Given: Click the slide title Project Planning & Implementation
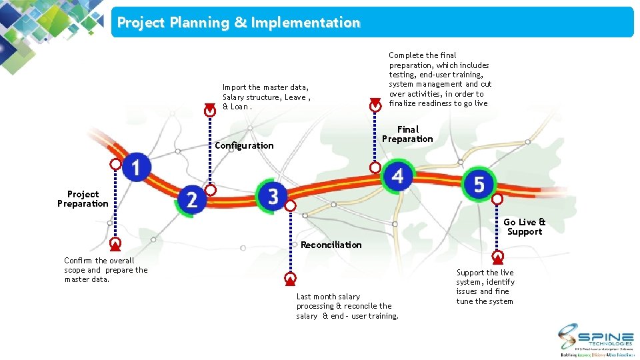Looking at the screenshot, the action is (x=239, y=23).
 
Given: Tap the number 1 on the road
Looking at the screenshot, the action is (x=137, y=167).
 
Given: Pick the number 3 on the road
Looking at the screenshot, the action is (x=273, y=196).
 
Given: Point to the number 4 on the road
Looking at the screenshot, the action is (x=398, y=176).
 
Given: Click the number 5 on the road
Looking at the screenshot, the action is (x=479, y=184).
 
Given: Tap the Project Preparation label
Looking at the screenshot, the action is (x=83, y=199).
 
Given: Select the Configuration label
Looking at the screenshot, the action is (x=244, y=145).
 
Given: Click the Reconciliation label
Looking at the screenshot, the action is (x=331, y=245).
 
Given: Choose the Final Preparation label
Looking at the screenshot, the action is (x=407, y=134).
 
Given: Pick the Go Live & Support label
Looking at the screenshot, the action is (x=524, y=227).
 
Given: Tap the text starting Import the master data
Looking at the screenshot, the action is (x=266, y=97).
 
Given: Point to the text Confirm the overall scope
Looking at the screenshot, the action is (x=105, y=269).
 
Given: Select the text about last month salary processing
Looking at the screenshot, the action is (x=347, y=306).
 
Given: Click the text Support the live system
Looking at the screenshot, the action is (x=485, y=287).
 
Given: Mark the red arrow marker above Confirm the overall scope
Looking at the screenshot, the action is (x=115, y=243).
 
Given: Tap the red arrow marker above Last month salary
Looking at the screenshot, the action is (x=290, y=278).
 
